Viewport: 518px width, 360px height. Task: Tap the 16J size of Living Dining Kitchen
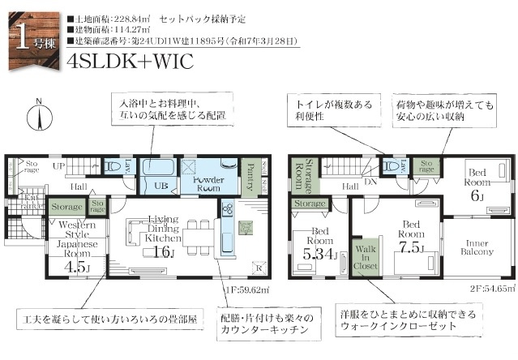[165, 252]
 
